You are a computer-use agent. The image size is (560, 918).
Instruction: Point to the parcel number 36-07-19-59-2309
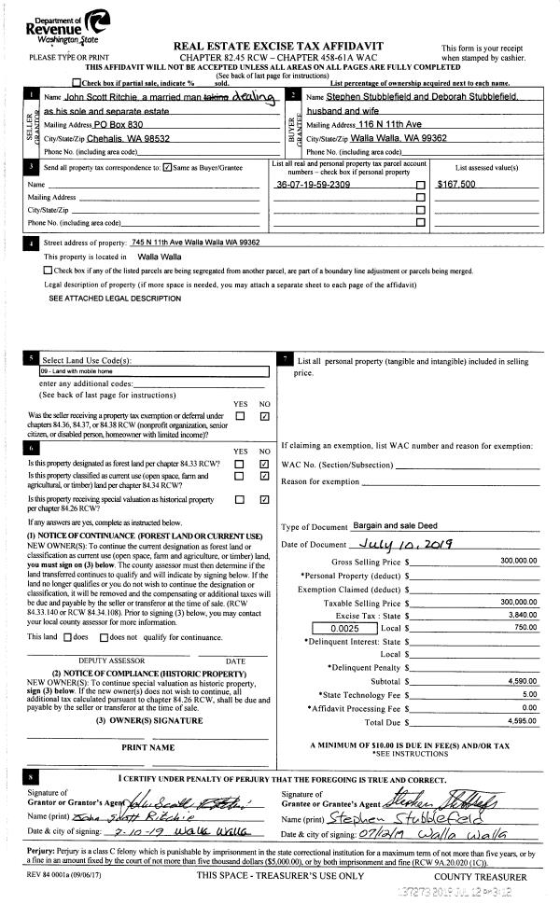(314, 185)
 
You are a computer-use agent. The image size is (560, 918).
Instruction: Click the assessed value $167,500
(456, 185)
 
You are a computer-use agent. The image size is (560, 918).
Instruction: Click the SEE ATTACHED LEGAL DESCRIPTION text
(115, 298)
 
